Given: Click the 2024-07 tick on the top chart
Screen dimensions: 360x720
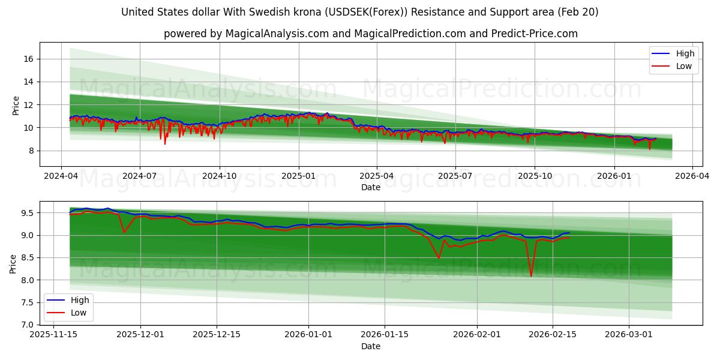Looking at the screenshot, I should pyautogui.click(x=140, y=176).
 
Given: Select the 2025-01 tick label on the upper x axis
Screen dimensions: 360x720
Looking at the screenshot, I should pyautogui.click(x=298, y=176).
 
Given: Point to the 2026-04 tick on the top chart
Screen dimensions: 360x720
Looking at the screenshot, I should pyautogui.click(x=692, y=176).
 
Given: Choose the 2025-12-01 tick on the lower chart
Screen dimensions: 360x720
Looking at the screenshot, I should pyautogui.click(x=140, y=335).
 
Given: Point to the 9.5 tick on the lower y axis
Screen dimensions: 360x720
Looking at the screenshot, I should pyautogui.click(x=26, y=213).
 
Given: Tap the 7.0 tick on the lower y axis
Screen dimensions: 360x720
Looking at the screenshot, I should pyautogui.click(x=26, y=325).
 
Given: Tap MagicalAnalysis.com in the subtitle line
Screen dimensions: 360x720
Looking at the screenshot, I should pyautogui.click(x=277, y=34).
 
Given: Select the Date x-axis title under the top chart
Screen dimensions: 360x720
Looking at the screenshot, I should pyautogui.click(x=370, y=187).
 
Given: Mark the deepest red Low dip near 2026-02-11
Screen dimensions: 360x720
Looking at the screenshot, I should pyautogui.click(x=531, y=277).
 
